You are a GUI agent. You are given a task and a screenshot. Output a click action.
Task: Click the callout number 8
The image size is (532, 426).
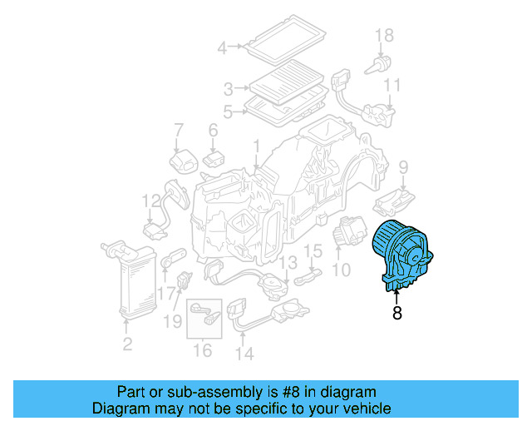[x=397, y=314]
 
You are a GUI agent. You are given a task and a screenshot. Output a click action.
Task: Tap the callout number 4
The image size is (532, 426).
[x=222, y=48]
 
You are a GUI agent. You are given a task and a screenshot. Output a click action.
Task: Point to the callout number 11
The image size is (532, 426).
[x=392, y=85]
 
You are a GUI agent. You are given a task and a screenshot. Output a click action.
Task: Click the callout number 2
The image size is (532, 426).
[x=127, y=344]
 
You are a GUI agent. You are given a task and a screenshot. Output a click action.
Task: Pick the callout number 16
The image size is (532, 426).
[x=203, y=350]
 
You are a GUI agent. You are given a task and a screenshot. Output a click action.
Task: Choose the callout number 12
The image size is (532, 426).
[x=150, y=201]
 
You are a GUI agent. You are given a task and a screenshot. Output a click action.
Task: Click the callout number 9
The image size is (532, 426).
[x=403, y=167]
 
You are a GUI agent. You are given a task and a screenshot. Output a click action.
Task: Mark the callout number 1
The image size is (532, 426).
[x=257, y=146]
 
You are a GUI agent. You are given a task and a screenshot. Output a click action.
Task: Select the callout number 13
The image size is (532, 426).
[x=286, y=263]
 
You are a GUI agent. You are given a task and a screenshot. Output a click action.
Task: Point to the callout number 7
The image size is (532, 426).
[x=178, y=129]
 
